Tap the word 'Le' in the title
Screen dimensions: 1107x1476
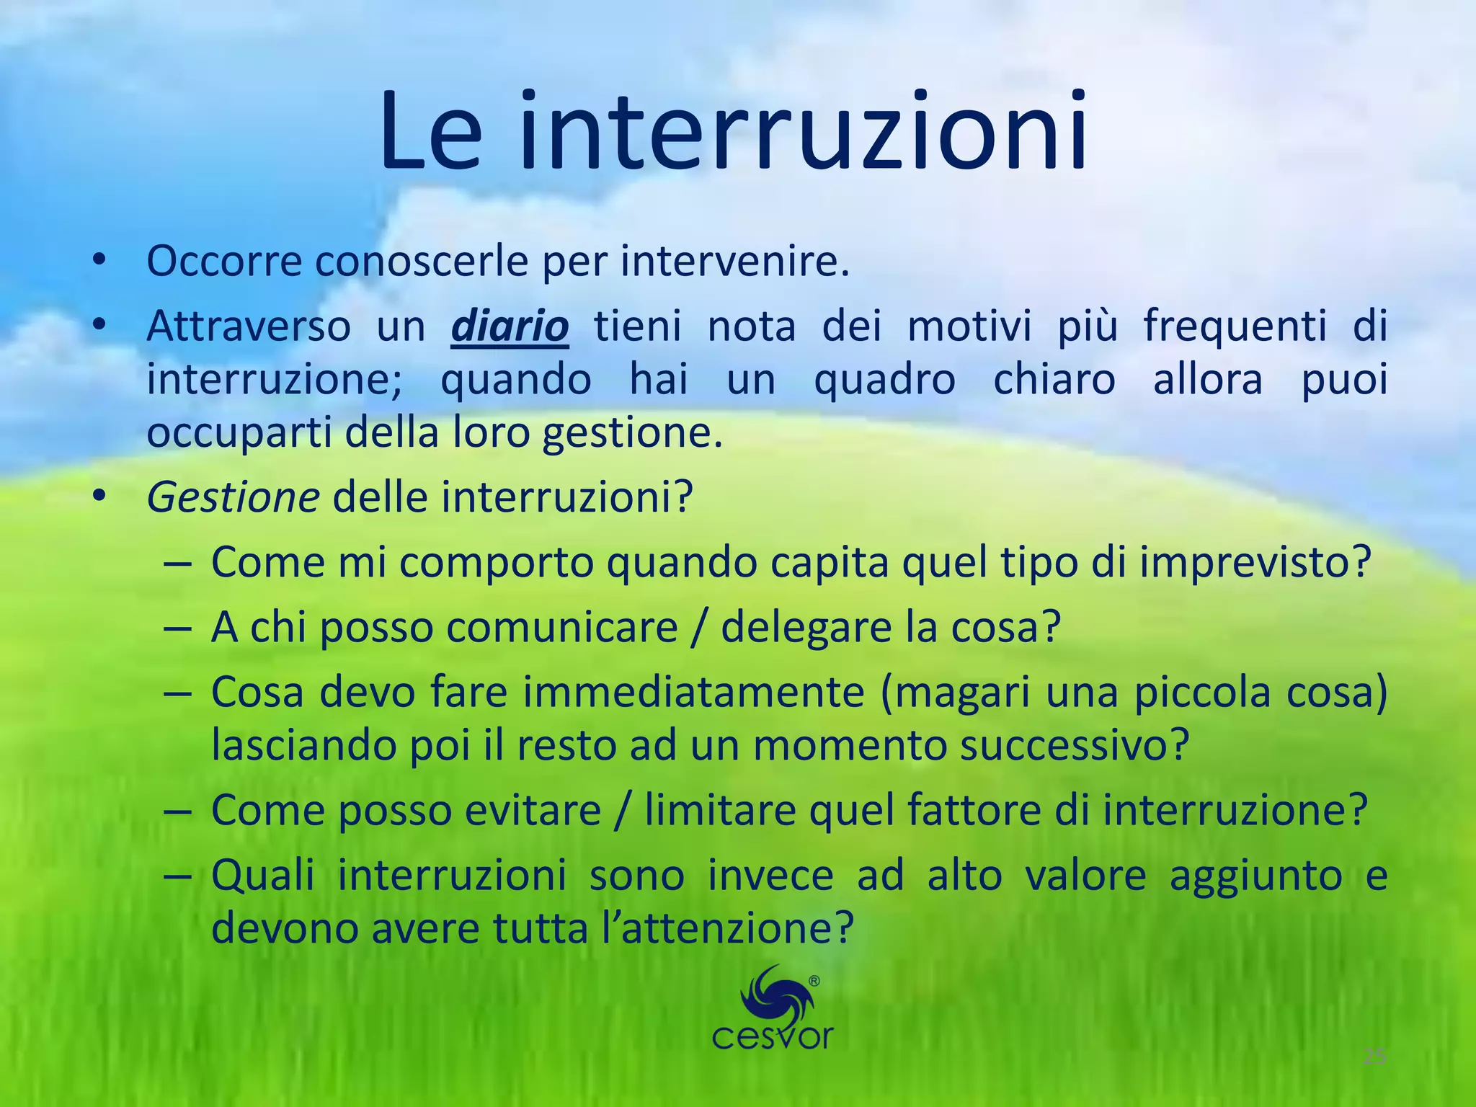click(431, 131)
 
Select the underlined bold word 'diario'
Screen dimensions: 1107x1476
click(510, 326)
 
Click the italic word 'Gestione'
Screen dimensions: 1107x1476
click(233, 497)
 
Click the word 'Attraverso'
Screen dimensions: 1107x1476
click(249, 326)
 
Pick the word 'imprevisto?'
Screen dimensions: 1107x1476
click(1255, 562)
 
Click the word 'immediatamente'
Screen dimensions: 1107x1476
click(693, 692)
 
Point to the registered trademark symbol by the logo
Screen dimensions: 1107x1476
click(814, 981)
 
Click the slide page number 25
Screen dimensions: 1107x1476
click(1374, 1057)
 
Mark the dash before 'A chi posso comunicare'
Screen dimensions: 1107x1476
click(177, 627)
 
